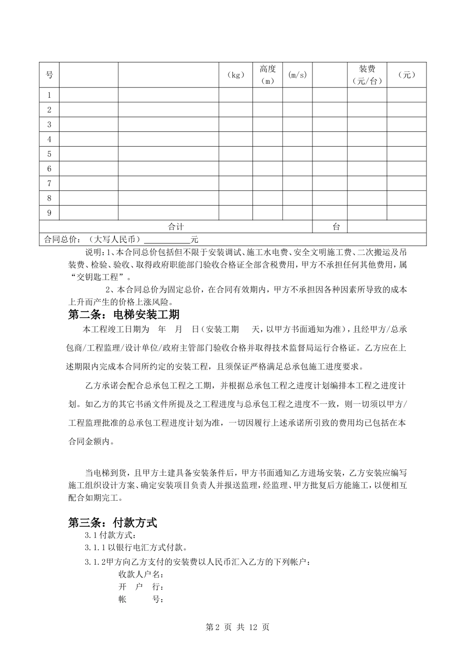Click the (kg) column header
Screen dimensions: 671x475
tap(235, 75)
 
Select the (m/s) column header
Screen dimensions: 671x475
tap(297, 75)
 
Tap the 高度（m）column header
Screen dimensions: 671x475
tap(267, 75)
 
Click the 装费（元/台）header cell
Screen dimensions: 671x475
tap(367, 75)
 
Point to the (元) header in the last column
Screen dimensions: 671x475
tap(406, 75)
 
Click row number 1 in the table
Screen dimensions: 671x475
tap(49, 95)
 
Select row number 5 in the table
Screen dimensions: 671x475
tap(49, 154)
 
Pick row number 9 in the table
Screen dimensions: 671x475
tap(49, 213)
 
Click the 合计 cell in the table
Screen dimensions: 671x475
tap(176, 227)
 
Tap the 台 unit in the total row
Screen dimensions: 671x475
tap(336, 227)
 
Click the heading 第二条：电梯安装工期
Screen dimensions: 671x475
tap(123, 315)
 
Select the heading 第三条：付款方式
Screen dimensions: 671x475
tap(112, 523)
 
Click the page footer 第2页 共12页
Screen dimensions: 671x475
tap(237, 627)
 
